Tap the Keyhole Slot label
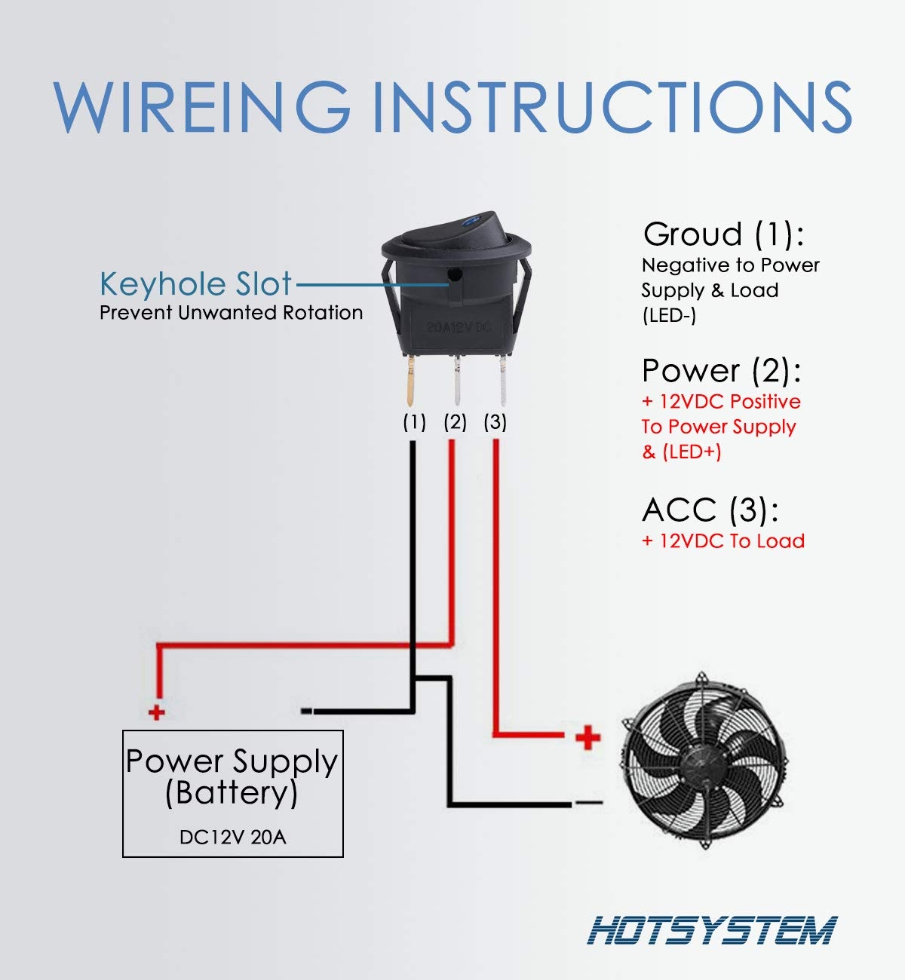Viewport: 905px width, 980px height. coord(195,284)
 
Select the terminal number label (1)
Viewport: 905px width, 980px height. coord(414,422)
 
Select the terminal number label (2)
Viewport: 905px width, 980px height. coord(455,422)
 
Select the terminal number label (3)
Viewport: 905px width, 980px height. coord(495,422)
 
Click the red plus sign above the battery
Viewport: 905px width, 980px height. coord(156,712)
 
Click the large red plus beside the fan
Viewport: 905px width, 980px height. coord(587,737)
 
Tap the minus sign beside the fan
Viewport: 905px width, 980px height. coord(589,802)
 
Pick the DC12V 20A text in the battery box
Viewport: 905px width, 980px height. coord(232,837)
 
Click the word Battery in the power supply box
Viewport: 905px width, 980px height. coord(232,793)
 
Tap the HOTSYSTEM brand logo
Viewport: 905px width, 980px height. coord(712,930)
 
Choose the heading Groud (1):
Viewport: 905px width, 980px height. coord(723,234)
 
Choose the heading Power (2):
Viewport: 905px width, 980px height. coord(721,371)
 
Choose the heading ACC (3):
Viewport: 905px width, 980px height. coord(710,510)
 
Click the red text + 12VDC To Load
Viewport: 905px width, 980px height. coord(723,541)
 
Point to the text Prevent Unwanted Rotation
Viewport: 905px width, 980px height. coord(231,313)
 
